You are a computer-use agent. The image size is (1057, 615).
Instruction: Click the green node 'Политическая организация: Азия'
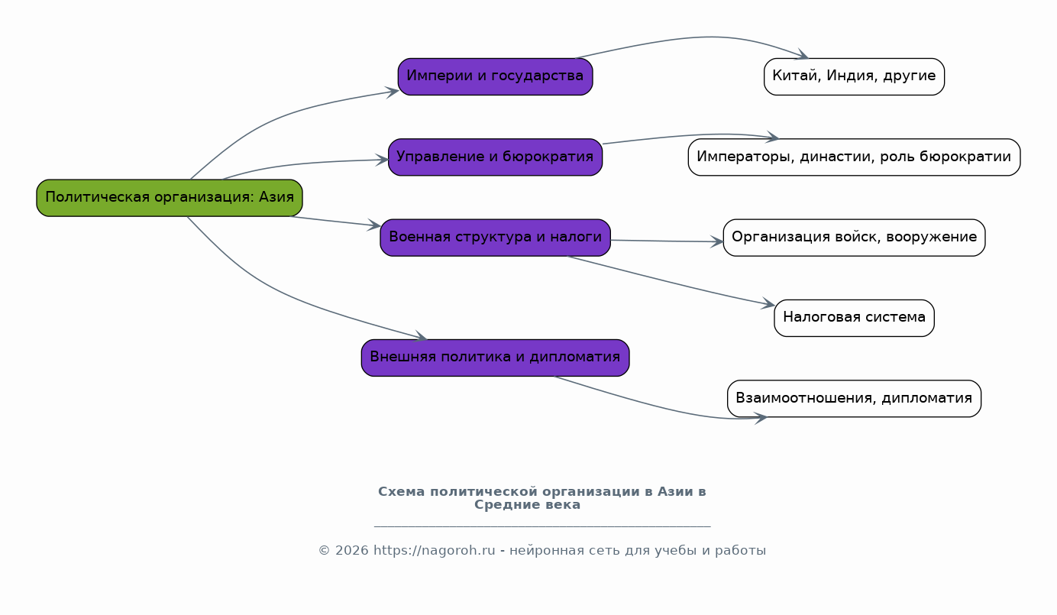170,198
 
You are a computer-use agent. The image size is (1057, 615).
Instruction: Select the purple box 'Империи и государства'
495,76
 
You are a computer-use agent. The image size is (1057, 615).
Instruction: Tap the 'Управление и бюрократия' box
495,157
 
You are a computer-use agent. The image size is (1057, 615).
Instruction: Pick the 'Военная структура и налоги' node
495,238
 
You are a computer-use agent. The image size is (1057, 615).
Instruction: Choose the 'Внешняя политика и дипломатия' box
495,358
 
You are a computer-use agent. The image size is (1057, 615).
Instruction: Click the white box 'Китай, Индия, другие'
854,76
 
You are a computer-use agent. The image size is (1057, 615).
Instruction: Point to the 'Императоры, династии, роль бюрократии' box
854,157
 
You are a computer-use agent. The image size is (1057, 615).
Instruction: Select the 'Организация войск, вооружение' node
854,238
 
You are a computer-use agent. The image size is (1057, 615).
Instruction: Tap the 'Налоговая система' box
854,318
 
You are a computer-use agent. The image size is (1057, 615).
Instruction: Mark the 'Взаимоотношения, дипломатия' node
854,399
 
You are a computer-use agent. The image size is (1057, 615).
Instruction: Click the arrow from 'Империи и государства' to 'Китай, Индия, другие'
703,37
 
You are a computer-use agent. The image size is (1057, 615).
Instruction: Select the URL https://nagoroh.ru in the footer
434,551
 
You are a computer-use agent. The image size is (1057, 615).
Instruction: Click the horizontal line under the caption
542,526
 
